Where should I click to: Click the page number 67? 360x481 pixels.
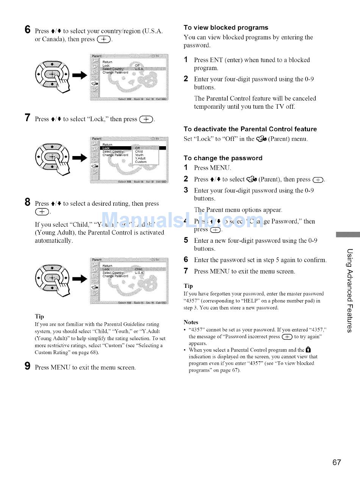tap(337, 462)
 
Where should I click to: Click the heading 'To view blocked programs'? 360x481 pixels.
tap(225, 28)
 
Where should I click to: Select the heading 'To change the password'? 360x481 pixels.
tap(223, 158)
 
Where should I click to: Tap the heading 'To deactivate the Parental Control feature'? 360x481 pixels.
tap(250, 129)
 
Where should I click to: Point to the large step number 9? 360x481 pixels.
tap(27, 367)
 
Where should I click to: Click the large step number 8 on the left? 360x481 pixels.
tap(27, 203)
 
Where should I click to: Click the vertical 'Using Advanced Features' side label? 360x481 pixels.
tap(349, 290)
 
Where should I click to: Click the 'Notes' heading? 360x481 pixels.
tap(191, 322)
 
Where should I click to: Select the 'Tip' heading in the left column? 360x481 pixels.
tap(39, 316)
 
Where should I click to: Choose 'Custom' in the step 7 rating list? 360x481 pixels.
tap(140, 162)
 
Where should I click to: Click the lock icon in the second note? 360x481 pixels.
tap(308, 350)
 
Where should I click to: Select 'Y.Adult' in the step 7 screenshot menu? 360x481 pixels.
tap(141, 158)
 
